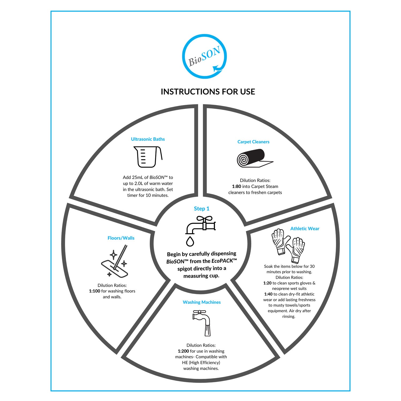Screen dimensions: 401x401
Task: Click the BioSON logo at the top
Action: pos(205,56)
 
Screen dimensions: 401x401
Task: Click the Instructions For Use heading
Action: pos(208,92)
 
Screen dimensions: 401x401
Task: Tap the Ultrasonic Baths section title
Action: pos(148,139)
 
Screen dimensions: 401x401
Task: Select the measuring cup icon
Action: pos(148,157)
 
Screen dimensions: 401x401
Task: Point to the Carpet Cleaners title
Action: pos(253,142)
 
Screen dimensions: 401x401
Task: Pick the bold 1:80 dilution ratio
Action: pos(237,186)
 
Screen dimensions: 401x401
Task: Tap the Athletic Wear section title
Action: pos(305,229)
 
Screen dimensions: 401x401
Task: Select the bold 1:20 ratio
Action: pos(267,283)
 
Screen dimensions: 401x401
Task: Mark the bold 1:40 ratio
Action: pos(268,294)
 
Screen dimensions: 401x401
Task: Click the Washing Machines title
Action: pos(202,302)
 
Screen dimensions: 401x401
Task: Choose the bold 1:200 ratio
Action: pos(183,351)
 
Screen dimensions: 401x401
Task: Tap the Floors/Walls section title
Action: pos(121,238)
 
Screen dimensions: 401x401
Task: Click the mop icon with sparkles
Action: pos(115,261)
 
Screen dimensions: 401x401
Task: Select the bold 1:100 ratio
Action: pos(95,291)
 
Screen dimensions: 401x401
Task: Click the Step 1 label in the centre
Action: pos(202,209)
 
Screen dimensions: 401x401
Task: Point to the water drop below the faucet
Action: pos(190,241)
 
